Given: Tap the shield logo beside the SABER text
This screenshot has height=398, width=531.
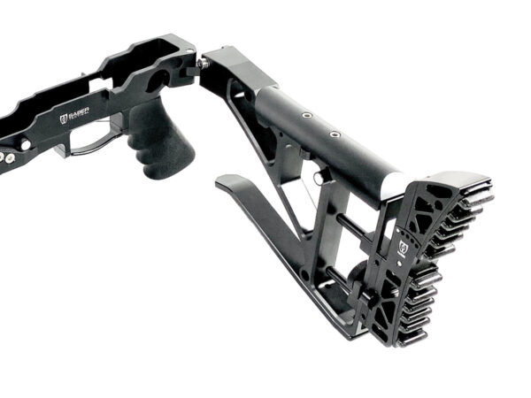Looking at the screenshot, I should pyautogui.click(x=64, y=119).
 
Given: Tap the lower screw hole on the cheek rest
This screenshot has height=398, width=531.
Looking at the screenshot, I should pyautogui.click(x=335, y=134).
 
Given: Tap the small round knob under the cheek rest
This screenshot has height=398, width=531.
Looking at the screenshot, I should pyautogui.click(x=317, y=177).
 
